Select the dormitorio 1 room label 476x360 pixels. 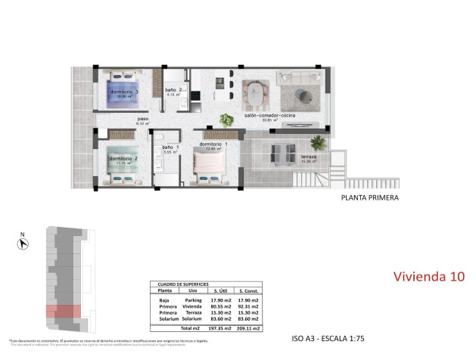click(213, 144)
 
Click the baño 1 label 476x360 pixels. click(170, 147)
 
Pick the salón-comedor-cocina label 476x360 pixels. click(269, 116)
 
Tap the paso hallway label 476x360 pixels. click(142, 119)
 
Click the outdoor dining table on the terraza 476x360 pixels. click(284, 153)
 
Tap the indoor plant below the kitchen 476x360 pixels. click(226, 119)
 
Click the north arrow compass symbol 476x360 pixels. click(23, 242)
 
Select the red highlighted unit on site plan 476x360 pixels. click(63, 310)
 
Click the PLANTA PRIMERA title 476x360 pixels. click(369, 198)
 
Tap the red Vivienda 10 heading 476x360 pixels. click(429, 276)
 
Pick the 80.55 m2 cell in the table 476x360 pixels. click(218, 306)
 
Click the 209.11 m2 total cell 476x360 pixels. click(250, 329)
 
